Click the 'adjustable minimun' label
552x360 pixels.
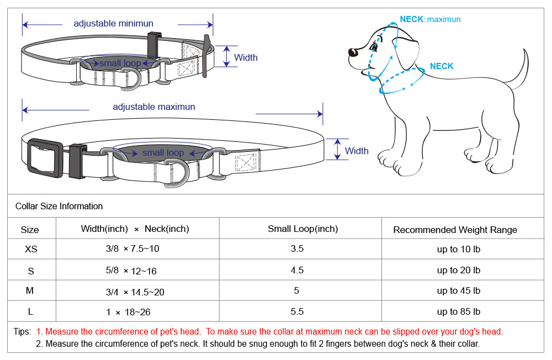pos(113,24)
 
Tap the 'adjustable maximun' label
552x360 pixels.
pos(154,107)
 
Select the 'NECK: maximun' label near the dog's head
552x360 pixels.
pos(430,19)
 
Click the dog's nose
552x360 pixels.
pos(351,52)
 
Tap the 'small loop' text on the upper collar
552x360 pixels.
pos(120,63)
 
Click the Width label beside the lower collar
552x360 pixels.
pos(357,151)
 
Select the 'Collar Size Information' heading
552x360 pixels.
pos(59,207)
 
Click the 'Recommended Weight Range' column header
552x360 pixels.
pos(455,230)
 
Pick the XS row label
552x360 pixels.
pos(31,249)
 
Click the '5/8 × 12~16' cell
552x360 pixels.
pos(132,271)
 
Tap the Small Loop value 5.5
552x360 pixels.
pos(297,312)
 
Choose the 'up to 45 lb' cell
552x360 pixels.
pos(458,291)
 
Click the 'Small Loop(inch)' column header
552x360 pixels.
pos(302,229)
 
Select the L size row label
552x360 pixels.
pos(30,312)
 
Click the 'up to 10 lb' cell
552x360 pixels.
pos(458,250)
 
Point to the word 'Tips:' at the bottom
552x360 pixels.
pos(22,332)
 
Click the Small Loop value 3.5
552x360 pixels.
pos(297,249)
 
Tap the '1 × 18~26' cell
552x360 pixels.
pos(128,313)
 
